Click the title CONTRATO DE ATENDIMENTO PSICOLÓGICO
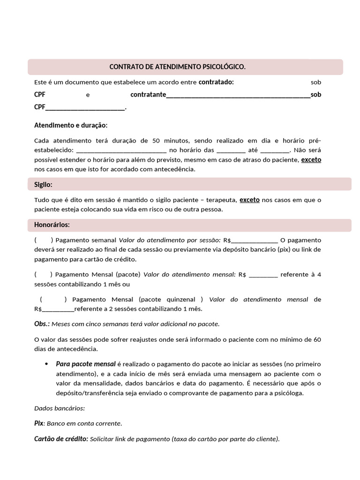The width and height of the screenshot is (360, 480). [x=177, y=67]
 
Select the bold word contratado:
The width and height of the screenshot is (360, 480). [x=216, y=82]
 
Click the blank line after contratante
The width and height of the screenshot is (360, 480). [x=238, y=95]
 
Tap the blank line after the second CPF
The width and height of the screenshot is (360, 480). [x=85, y=107]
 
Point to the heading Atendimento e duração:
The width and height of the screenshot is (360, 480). [x=71, y=126]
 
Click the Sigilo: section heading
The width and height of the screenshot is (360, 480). [x=43, y=185]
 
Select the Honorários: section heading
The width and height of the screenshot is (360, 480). [x=52, y=225]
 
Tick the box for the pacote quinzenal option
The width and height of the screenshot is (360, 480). [x=52, y=300]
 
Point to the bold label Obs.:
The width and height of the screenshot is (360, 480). [x=42, y=324]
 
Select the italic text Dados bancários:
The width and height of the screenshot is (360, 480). [x=60, y=408]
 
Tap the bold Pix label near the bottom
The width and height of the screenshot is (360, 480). [x=38, y=423]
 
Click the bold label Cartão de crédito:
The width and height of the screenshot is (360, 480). [x=61, y=439]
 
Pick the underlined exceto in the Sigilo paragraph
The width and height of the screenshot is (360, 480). [x=249, y=200]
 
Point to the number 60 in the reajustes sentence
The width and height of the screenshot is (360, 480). [x=317, y=339]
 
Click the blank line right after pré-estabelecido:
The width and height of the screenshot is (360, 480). [x=121, y=151]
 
